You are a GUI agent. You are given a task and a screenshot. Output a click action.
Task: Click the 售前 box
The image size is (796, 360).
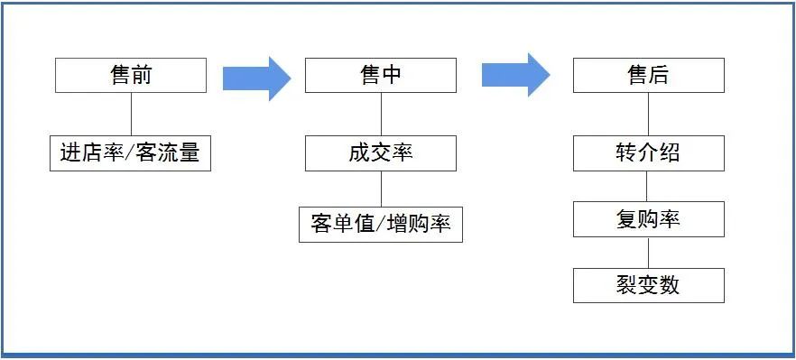[131, 76]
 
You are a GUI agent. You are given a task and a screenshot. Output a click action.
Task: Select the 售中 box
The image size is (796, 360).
[380, 76]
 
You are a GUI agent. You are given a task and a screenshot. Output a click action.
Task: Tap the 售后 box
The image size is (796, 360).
[648, 76]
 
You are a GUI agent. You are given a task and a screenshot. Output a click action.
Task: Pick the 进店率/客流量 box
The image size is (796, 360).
[130, 153]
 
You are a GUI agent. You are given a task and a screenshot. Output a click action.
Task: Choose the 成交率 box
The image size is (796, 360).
[380, 153]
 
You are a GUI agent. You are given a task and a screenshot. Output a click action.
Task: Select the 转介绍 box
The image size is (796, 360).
[648, 153]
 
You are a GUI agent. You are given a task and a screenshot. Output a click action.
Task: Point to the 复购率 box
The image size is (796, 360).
[648, 219]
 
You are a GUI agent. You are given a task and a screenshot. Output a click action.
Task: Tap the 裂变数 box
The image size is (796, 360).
[648, 285]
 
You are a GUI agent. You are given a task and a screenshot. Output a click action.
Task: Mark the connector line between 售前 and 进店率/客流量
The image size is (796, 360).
[132, 114]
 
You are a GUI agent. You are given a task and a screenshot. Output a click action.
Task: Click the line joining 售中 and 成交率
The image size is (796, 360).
[381, 114]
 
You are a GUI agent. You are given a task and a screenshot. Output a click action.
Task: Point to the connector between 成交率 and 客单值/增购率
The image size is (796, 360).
[381, 189]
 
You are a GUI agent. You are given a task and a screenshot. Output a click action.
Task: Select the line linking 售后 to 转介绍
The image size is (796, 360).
[648, 114]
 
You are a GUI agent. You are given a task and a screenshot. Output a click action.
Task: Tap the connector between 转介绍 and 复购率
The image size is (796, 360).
[648, 186]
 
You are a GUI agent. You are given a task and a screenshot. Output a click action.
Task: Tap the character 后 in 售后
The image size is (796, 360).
[659, 76]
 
